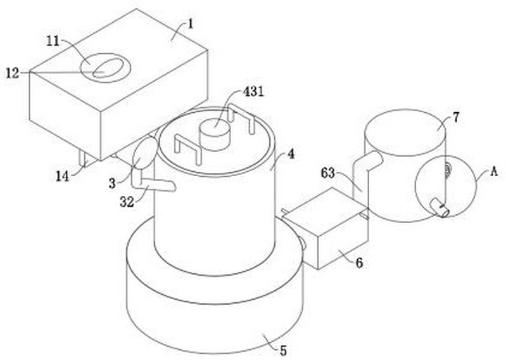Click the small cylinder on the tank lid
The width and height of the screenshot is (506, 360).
coord(214,135)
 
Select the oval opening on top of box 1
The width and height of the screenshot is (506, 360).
coord(106,67)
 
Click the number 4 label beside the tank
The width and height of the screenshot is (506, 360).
coord(290,153)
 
